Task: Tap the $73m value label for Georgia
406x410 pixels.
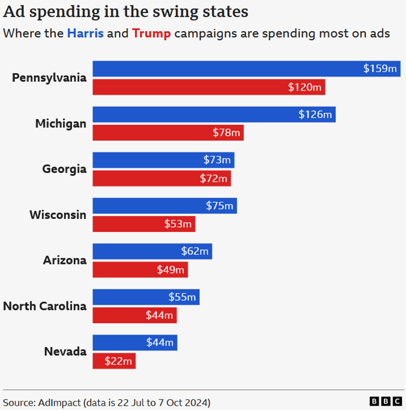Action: [x=217, y=160]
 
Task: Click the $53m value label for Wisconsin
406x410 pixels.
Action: [x=178, y=224]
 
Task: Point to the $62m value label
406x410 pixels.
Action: [x=195, y=251]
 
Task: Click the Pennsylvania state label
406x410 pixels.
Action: [x=49, y=78]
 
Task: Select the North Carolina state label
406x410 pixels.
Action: [x=45, y=306]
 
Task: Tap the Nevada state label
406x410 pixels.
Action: [x=65, y=352]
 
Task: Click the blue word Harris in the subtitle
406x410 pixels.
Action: [x=85, y=33]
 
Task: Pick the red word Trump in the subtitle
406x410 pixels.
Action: [x=151, y=34]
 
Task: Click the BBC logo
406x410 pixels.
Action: [x=386, y=402]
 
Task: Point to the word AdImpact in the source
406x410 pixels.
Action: [x=59, y=403]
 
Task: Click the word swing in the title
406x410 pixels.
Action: [x=172, y=12]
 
